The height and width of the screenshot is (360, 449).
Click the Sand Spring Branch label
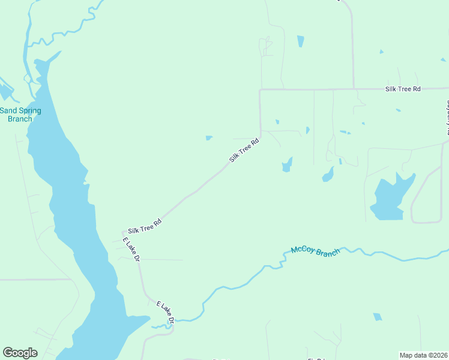click(x=20, y=115)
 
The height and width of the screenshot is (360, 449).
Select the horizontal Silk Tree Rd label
click(x=403, y=89)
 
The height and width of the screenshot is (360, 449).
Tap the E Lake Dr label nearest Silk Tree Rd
click(x=131, y=250)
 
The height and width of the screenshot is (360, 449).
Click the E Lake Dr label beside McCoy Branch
click(x=165, y=313)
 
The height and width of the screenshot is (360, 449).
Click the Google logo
click(x=20, y=353)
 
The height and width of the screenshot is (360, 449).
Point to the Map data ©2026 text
click(x=423, y=355)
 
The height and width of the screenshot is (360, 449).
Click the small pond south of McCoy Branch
click(x=378, y=317)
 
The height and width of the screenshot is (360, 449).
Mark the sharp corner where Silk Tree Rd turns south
click(x=260, y=91)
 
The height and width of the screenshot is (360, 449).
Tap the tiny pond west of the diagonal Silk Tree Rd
click(x=209, y=138)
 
